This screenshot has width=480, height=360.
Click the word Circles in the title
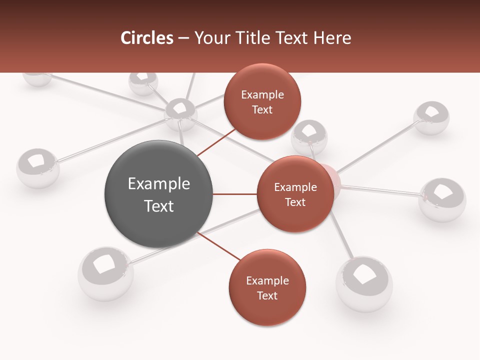[146, 38]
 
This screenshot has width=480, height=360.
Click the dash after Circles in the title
[183, 38]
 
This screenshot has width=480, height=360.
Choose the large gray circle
[158, 194]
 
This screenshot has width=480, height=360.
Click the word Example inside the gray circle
[158, 184]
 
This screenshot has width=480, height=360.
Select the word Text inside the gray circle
[158, 206]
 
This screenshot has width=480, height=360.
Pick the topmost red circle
[262, 101]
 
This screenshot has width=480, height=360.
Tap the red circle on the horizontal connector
[295, 194]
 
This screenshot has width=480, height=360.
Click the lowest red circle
[267, 287]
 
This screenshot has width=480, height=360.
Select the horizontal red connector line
[234, 194]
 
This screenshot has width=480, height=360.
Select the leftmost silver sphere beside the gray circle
[38, 167]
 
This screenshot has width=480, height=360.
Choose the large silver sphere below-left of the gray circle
[105, 273]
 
